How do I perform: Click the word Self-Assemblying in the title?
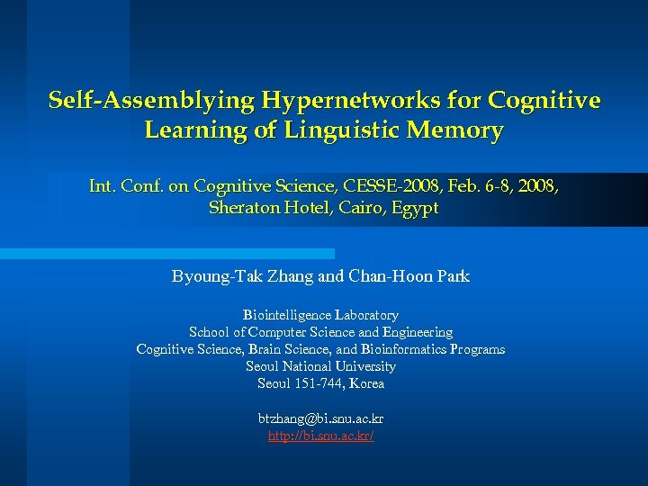pyautogui.click(x=152, y=100)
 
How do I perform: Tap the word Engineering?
pyautogui.click(x=418, y=332)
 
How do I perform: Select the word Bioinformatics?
pyautogui.click(x=405, y=349)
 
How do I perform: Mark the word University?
pyautogui.click(x=364, y=366)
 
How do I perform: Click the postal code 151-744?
pyautogui.click(x=319, y=383)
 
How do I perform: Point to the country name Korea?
pyautogui.click(x=367, y=383)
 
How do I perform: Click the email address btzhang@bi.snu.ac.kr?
pyautogui.click(x=320, y=418)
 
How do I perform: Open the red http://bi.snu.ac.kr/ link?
pyautogui.click(x=320, y=436)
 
